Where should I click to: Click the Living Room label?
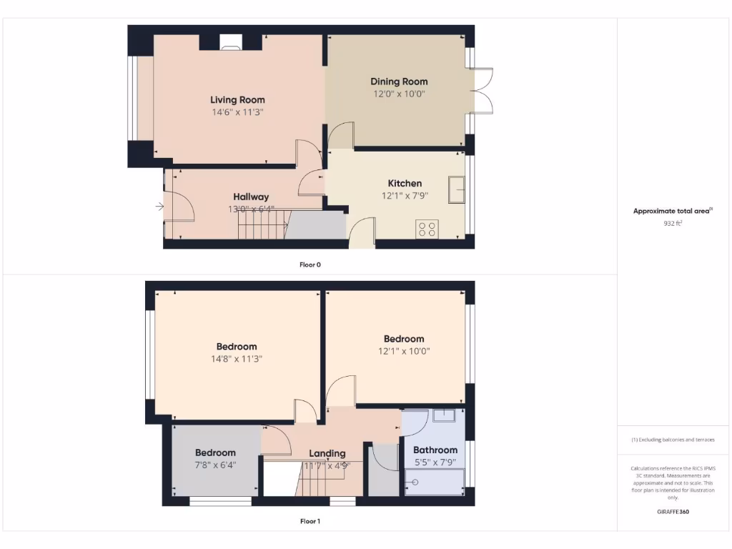click(237, 100)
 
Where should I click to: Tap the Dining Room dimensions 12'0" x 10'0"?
click(399, 94)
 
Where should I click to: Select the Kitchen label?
click(405, 184)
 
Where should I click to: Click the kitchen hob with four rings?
click(427, 229)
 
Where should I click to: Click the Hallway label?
click(251, 197)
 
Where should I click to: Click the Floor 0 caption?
click(310, 264)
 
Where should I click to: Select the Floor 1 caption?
click(310, 521)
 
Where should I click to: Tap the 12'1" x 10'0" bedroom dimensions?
click(404, 351)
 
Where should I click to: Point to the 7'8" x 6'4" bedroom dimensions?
click(215, 465)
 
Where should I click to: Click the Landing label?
click(327, 453)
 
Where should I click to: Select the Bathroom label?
click(435, 450)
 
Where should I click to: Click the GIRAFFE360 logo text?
click(673, 512)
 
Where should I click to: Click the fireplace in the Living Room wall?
click(230, 48)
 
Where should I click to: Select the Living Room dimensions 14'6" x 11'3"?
click(237, 112)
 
